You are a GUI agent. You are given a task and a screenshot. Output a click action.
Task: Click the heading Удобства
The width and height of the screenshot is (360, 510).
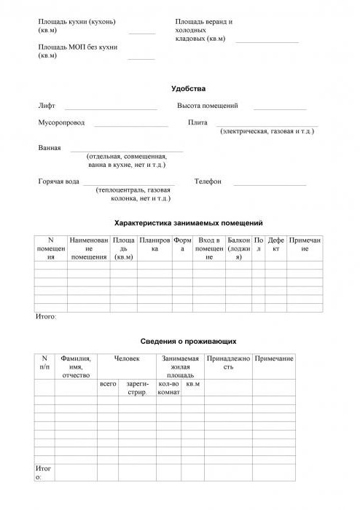click(x=188, y=89)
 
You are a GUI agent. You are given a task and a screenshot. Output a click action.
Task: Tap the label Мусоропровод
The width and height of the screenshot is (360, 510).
click(x=61, y=122)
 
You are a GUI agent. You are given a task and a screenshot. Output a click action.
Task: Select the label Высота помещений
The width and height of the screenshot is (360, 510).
click(x=208, y=106)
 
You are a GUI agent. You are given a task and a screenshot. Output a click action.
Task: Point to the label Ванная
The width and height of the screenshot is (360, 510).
click(x=50, y=147)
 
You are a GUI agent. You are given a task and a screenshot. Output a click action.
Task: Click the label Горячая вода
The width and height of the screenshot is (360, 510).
click(x=59, y=181)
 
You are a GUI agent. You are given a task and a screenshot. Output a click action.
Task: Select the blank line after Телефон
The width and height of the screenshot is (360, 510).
click(x=269, y=184)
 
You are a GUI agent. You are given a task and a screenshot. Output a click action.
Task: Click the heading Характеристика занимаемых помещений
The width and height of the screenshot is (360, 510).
click(x=188, y=223)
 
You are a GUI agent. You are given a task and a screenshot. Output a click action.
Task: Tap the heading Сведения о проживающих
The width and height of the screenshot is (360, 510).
click(x=188, y=341)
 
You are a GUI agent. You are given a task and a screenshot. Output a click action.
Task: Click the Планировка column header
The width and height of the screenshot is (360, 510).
click(x=154, y=244)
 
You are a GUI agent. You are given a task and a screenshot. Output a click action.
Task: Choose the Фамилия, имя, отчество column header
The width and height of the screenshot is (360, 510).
click(x=76, y=367)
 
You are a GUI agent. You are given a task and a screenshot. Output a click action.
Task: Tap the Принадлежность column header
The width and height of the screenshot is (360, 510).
click(x=228, y=363)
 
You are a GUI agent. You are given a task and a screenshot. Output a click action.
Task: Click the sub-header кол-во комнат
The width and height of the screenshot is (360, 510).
click(x=168, y=388)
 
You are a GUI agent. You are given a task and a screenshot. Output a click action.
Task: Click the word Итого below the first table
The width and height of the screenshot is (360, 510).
click(x=45, y=318)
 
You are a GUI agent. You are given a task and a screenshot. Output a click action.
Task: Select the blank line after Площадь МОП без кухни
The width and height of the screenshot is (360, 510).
click(x=141, y=58)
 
